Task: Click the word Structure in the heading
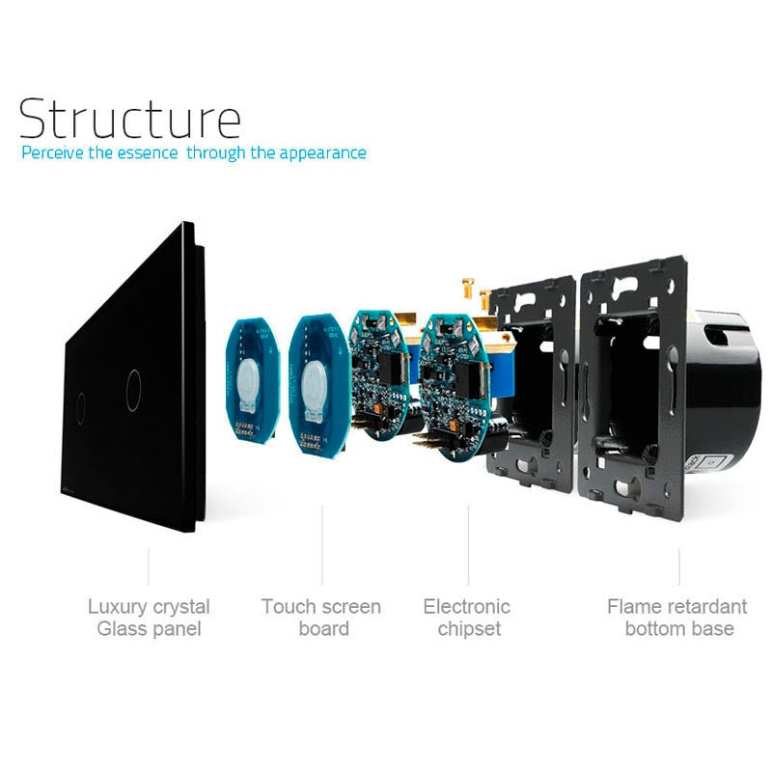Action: [129, 118]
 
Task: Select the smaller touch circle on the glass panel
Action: [81, 401]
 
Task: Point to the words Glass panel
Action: [149, 629]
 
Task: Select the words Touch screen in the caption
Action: [320, 607]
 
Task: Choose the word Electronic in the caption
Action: [466, 607]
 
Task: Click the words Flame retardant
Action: [676, 607]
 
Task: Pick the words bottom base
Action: [679, 629]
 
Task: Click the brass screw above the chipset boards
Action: [466, 285]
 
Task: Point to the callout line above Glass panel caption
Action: [149, 567]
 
